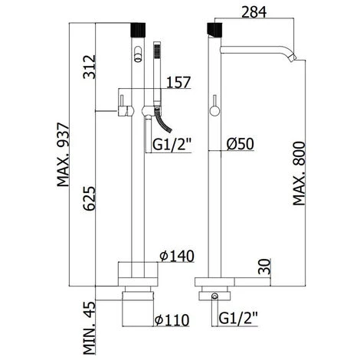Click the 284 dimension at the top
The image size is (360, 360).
tap(254, 12)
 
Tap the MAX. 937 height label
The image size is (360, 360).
tap(63, 155)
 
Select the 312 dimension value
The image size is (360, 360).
tap(90, 67)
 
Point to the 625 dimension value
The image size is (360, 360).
tap(90, 198)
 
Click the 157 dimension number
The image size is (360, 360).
tap(178, 82)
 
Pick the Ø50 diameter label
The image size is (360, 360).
tap(240, 144)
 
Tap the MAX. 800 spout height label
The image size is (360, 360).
tap(299, 174)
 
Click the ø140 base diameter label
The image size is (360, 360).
tap(177, 256)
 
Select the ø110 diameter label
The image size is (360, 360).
tap(172, 320)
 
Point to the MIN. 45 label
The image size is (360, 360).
tap(90, 327)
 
